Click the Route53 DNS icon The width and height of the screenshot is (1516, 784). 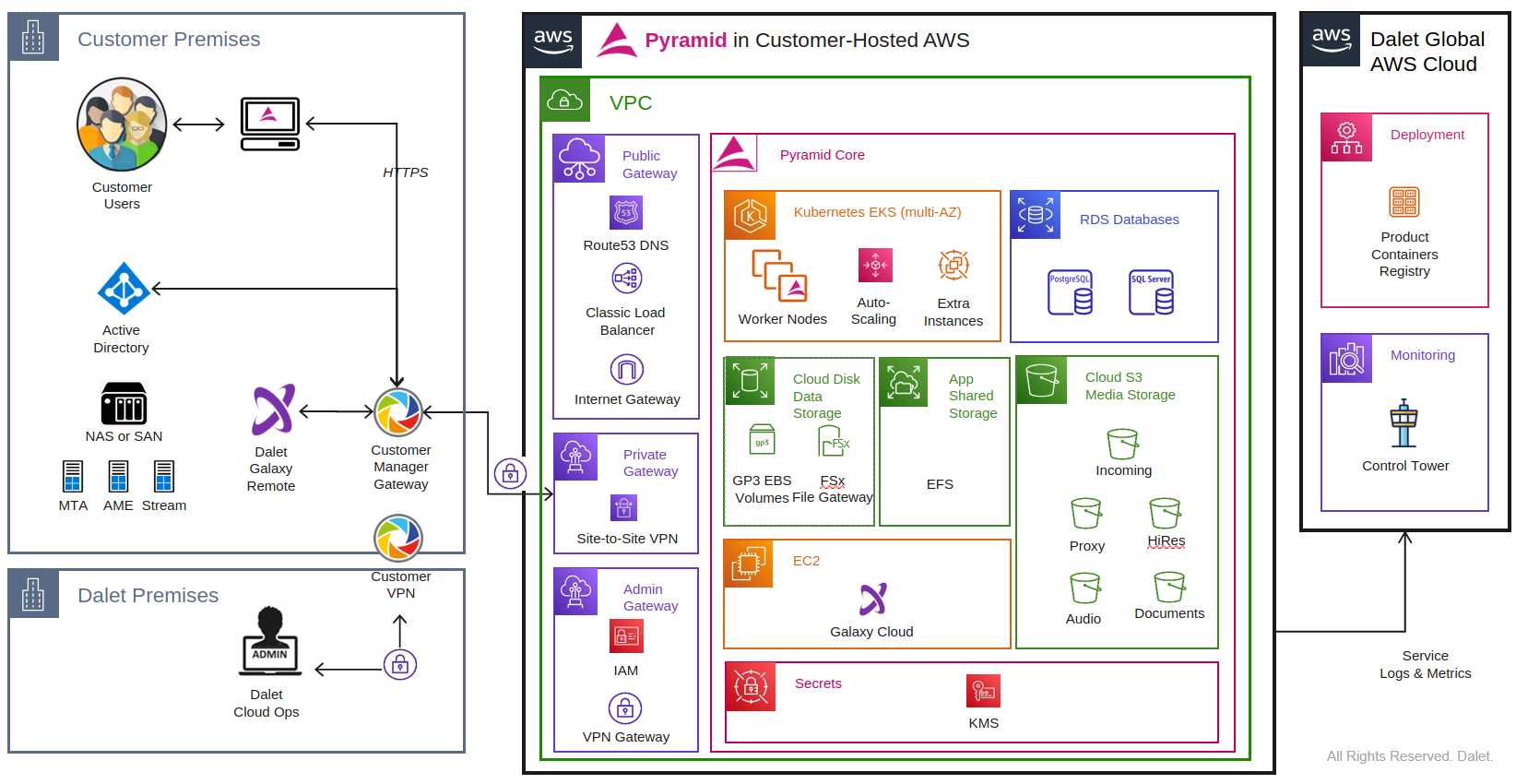(x=626, y=213)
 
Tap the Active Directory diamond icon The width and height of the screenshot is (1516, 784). (x=124, y=289)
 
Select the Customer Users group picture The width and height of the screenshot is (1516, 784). (x=122, y=125)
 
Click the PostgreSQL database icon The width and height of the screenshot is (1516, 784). (x=1070, y=292)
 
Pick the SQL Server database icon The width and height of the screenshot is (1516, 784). (x=1151, y=292)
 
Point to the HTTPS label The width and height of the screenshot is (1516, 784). (x=405, y=172)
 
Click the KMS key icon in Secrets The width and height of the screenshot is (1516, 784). (x=983, y=691)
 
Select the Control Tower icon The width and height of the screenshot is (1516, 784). (x=1403, y=423)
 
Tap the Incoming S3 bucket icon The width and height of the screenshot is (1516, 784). (x=1122, y=444)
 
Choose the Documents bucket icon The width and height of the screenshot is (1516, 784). (x=1168, y=588)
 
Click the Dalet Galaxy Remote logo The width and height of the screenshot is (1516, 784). (x=273, y=410)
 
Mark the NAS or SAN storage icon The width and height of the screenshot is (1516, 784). (x=124, y=403)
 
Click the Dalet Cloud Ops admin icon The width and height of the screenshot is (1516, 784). (x=269, y=639)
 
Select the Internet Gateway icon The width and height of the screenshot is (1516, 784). (x=627, y=370)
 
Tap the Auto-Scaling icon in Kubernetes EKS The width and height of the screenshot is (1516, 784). (x=874, y=266)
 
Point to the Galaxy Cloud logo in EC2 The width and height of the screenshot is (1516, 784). (x=872, y=600)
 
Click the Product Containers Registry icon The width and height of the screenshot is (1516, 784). (x=1403, y=202)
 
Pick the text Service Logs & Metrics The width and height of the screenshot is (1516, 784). (x=1425, y=664)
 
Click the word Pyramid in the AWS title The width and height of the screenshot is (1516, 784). (x=685, y=41)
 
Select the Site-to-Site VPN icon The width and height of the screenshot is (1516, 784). (x=624, y=507)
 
